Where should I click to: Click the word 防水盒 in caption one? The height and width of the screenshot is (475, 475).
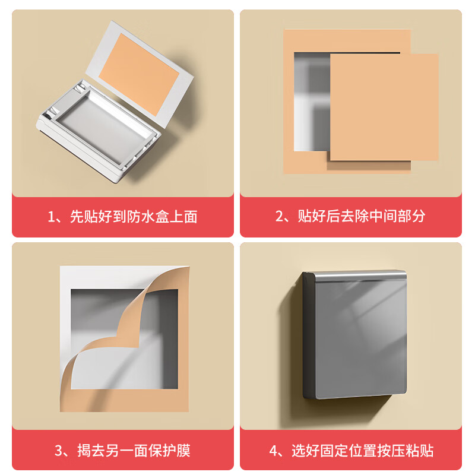click(138, 217)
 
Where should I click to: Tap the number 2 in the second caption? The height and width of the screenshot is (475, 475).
click(281, 217)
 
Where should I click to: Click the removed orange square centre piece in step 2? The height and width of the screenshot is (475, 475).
click(384, 107)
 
